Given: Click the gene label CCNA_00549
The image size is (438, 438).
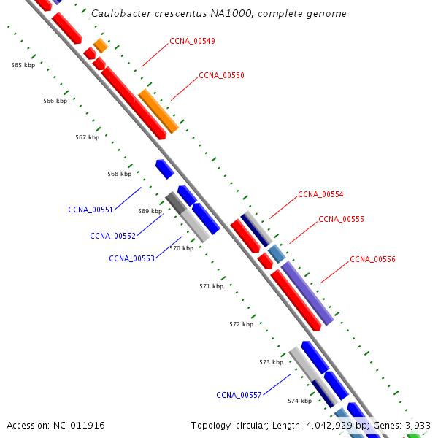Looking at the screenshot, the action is tap(192, 41).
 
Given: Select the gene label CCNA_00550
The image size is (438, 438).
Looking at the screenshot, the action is tap(221, 75).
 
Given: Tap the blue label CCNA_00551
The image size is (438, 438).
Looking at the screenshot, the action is tap(91, 210).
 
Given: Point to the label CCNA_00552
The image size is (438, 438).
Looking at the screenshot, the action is tap(112, 236).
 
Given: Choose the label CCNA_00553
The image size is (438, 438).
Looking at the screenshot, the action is tap(131, 258).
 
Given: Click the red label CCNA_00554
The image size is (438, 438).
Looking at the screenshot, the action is tap(320, 194).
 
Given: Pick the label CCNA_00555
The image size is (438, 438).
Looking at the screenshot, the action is tap(341, 219).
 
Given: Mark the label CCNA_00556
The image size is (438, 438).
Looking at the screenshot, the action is tap(372, 259).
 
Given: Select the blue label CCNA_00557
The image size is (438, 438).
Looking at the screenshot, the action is tap(239, 395).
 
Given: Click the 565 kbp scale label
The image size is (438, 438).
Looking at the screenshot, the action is tap(23, 65).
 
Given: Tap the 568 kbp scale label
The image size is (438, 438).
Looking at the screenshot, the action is tap(119, 174).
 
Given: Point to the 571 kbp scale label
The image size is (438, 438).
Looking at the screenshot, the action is tap(211, 286).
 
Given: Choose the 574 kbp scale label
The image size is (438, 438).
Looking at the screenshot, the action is tap(299, 401).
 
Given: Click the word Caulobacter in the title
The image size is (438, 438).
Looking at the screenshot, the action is tap(121, 13).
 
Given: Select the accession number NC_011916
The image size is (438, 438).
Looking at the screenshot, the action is tap(79, 425).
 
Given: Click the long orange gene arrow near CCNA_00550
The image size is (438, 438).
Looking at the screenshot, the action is tap(158, 110).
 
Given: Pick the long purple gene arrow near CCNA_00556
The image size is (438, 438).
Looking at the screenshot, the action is tap(307, 293).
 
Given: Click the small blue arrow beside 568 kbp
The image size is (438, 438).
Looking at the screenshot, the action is tap(164, 169).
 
